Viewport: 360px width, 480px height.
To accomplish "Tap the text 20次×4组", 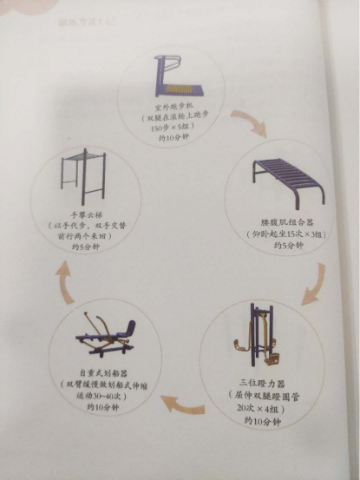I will [263, 407].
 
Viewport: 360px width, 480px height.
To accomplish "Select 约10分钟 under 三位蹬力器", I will [263, 420].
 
